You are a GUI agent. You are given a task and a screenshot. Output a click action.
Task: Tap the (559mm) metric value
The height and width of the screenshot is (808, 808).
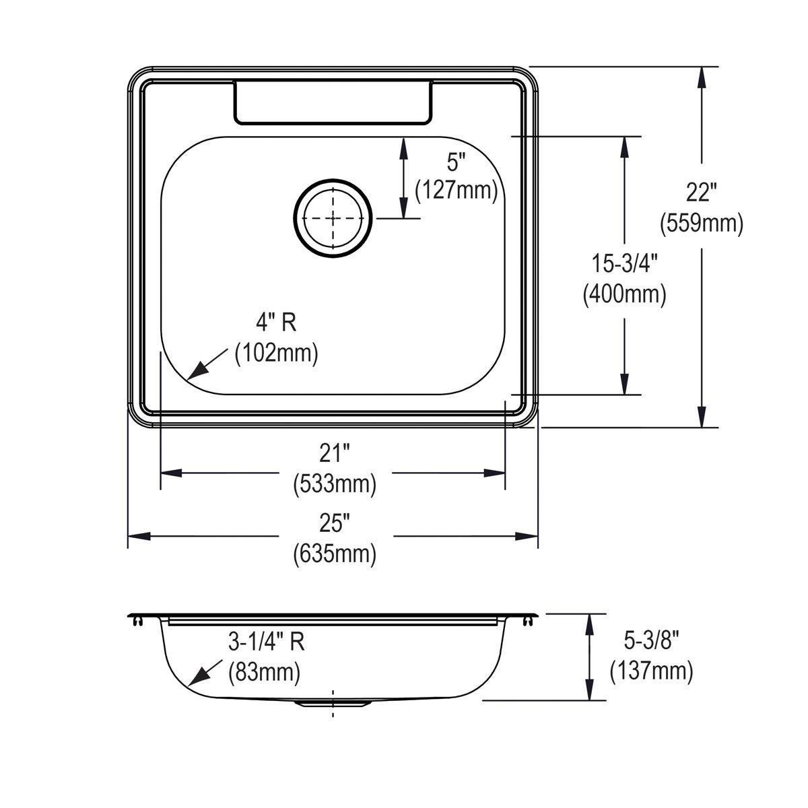click(x=702, y=223)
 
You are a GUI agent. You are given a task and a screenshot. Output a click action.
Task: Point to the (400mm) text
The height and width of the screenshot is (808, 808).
click(x=624, y=294)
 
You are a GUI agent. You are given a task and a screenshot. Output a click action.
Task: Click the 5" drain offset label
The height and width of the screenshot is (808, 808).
click(x=457, y=162)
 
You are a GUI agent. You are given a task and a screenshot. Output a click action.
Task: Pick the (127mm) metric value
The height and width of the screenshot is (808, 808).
click(x=457, y=191)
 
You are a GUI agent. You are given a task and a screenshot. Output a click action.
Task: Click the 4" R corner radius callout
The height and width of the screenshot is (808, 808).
click(x=276, y=323)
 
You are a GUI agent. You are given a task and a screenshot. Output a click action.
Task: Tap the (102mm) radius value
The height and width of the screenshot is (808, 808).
click(x=276, y=353)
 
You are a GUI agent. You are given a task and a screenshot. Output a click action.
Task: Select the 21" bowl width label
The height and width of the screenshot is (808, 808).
click(x=335, y=454)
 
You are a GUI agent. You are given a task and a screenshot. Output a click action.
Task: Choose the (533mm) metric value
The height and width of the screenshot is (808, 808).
click(x=335, y=483)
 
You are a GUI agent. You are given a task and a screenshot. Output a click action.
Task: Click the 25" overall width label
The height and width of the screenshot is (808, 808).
click(x=335, y=523)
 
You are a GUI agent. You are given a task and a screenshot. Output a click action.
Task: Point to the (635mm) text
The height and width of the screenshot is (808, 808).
click(x=335, y=553)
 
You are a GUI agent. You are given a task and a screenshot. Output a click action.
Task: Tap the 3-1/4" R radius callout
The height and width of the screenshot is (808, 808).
click(x=267, y=642)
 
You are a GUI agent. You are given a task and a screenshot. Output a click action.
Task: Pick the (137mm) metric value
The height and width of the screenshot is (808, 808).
click(x=651, y=671)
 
